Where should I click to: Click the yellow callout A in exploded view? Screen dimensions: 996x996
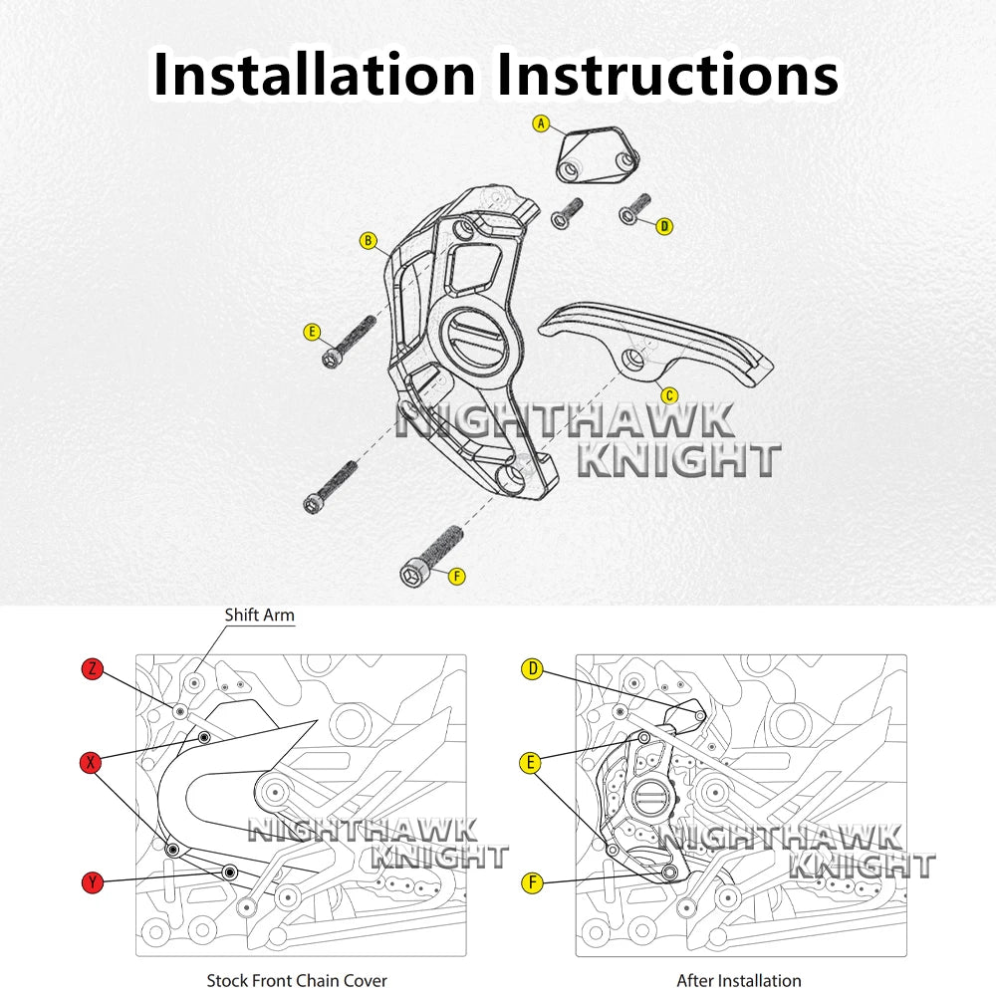[x=541, y=124]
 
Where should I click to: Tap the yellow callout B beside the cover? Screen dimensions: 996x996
[x=369, y=241]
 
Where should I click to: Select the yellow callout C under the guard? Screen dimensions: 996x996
[x=669, y=395]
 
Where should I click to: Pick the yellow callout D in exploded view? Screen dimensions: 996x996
[x=664, y=226]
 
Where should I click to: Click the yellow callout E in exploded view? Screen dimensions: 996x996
[x=312, y=332]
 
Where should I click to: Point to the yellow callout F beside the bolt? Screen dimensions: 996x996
[x=457, y=576]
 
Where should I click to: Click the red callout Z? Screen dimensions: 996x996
[x=93, y=668]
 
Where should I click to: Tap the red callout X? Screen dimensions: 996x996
[x=92, y=762]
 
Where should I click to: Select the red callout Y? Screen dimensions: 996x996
[x=93, y=882]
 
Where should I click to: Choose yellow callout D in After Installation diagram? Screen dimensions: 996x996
[x=532, y=668]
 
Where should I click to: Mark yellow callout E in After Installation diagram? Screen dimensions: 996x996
[x=531, y=762]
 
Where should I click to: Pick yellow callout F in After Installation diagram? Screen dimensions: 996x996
[x=532, y=882]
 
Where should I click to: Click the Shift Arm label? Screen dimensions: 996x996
[x=259, y=615]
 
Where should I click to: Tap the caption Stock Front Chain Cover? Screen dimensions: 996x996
[x=297, y=981]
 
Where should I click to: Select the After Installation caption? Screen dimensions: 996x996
[x=739, y=981]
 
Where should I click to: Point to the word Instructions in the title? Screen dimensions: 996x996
[x=667, y=75]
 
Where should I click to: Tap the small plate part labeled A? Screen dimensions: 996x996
[x=598, y=155]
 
